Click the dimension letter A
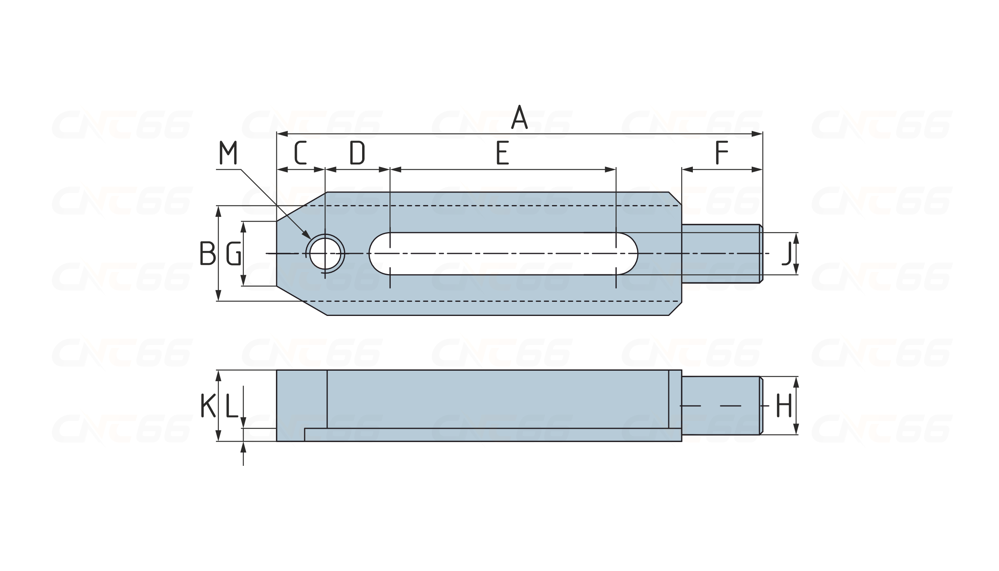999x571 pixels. click(519, 117)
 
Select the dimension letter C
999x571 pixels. click(300, 153)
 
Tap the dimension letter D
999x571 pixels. click(357, 153)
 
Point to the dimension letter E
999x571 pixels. click(502, 153)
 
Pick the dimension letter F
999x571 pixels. click(722, 153)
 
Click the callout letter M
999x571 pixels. click(228, 153)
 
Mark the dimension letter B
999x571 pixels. click(207, 253)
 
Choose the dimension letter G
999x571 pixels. click(234, 254)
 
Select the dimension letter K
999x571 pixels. click(208, 405)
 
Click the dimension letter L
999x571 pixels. click(231, 405)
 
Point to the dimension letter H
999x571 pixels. click(784, 405)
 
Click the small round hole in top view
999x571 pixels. click(325, 253)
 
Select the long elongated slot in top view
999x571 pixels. click(503, 253)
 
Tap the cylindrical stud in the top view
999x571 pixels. click(721, 253)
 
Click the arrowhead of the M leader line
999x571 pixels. click(307, 235)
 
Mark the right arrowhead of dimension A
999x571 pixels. click(757, 134)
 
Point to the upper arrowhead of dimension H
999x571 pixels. click(796, 382)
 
